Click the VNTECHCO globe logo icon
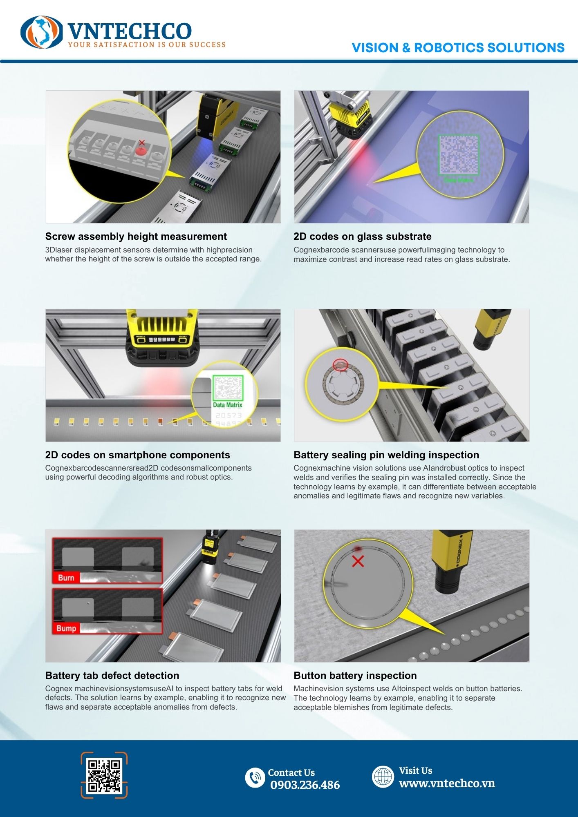42,32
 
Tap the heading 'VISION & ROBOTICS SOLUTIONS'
458,48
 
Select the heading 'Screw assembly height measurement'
136,237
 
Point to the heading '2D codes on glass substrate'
362,237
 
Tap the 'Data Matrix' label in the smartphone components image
228,405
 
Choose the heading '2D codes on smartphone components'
138,455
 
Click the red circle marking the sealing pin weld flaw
340,365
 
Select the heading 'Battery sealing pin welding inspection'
386,455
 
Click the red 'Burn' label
66,578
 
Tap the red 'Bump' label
66,628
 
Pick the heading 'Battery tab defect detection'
112,676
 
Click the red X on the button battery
358,561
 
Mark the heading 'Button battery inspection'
355,676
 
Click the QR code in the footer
104,775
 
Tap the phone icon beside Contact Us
255,777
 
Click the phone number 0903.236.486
305,785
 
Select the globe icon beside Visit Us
383,776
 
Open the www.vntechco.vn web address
447,783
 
